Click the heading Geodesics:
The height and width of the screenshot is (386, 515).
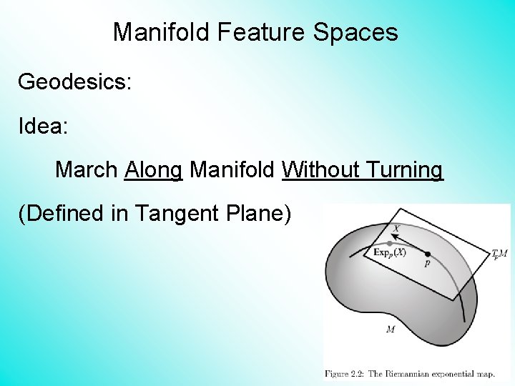(74, 81)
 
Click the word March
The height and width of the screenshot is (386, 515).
(86, 170)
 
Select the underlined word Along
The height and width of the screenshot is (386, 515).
(154, 170)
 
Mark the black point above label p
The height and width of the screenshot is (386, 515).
(428, 254)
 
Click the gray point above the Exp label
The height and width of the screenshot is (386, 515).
(389, 243)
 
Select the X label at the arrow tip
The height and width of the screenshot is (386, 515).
(396, 229)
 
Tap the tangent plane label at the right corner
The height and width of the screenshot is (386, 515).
(499, 254)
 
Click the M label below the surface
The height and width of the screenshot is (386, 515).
(390, 330)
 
